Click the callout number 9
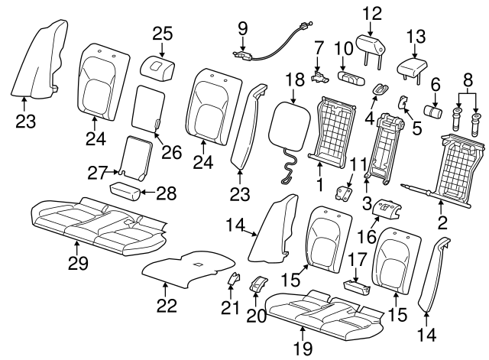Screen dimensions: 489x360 243,29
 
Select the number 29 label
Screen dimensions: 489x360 78,263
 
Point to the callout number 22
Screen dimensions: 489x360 167,305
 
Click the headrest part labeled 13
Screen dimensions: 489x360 413,69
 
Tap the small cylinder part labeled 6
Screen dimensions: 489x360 433,112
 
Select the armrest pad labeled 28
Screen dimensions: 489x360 125,192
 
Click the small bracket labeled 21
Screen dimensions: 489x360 235,278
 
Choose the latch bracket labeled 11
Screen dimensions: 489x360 343,192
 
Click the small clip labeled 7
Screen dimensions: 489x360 320,76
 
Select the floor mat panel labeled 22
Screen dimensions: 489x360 189,268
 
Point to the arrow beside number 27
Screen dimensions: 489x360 112,172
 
